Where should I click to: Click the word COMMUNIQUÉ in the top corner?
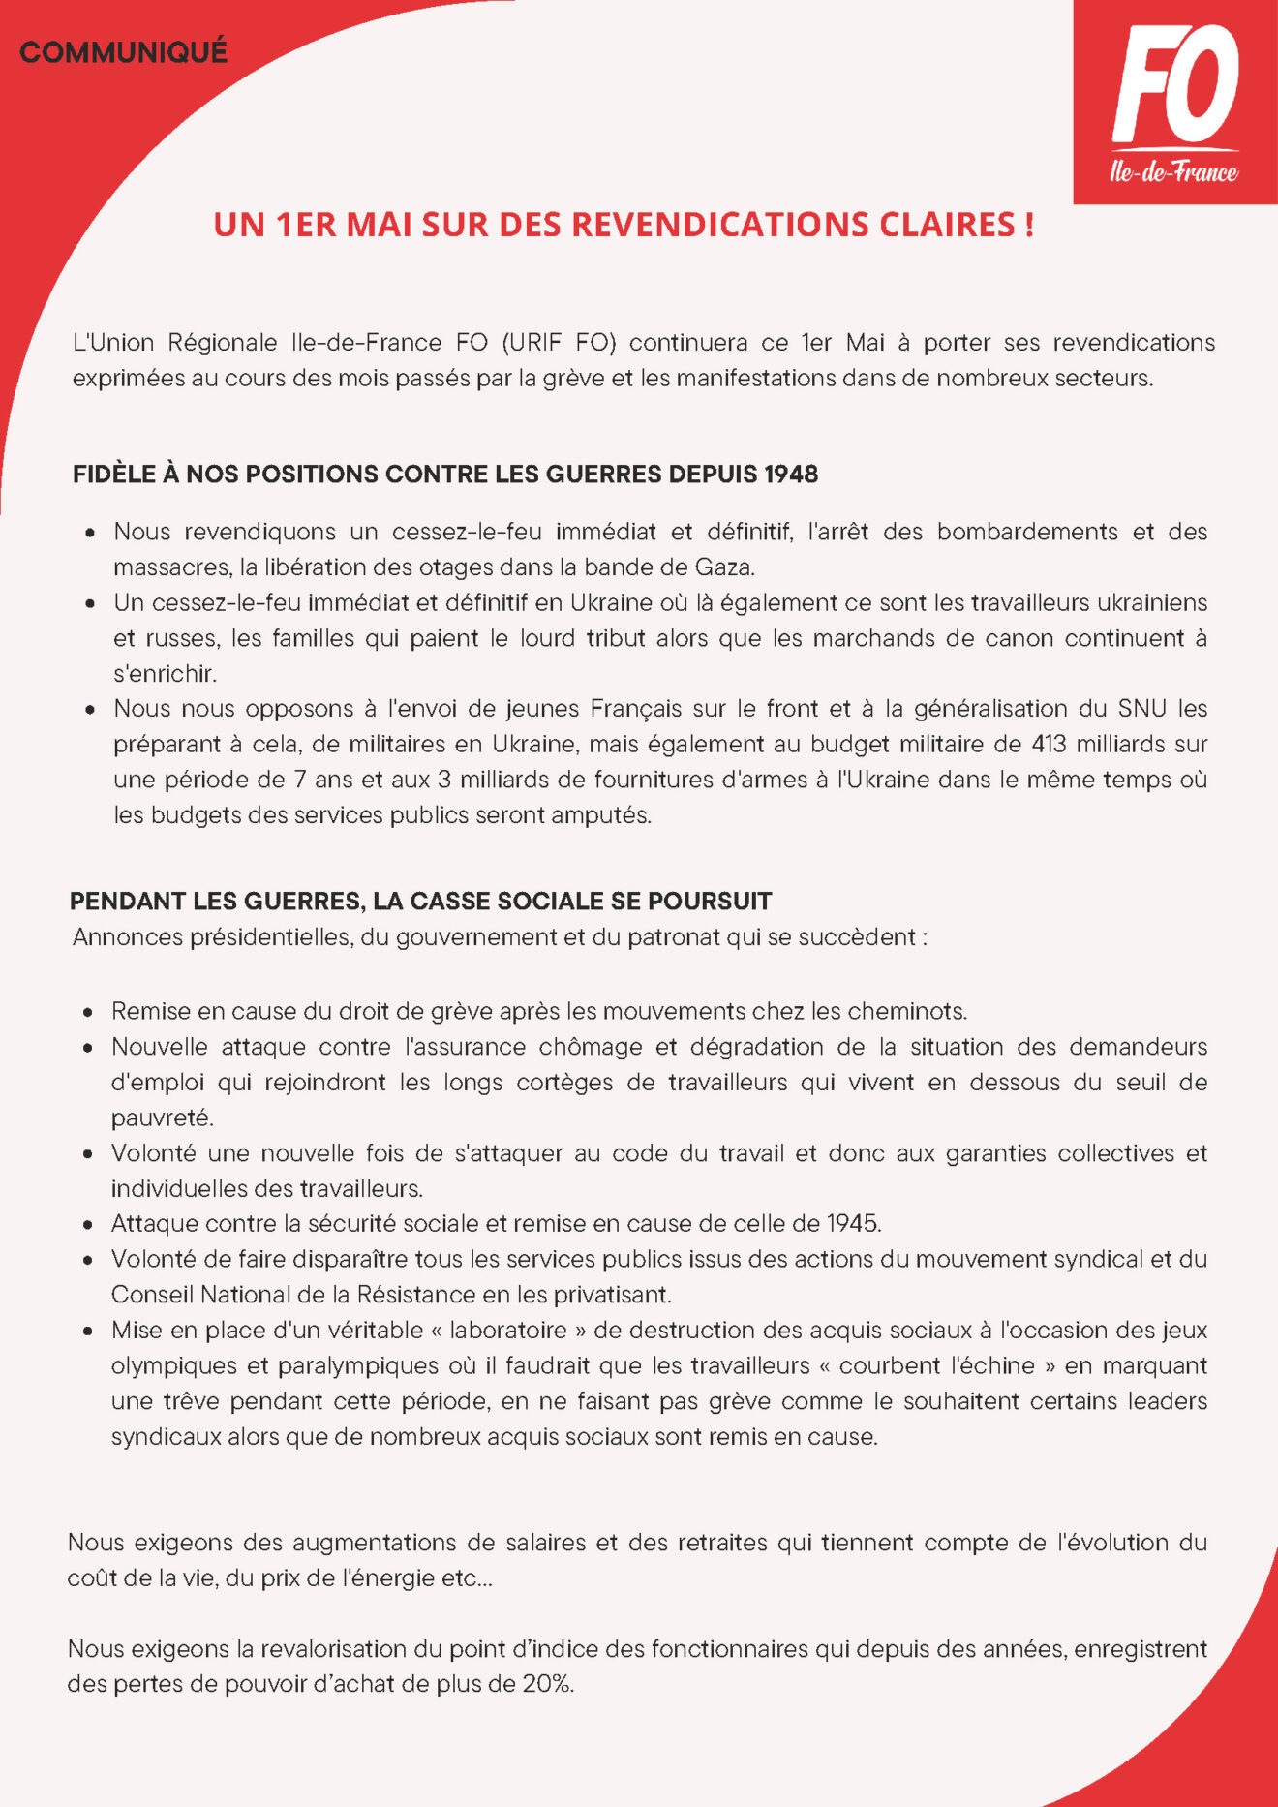tap(123, 51)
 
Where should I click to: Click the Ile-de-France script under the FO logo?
tap(1173, 172)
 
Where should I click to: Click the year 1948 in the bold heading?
tap(791, 475)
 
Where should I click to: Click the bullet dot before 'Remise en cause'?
tap(89, 1013)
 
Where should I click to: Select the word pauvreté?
tap(162, 1118)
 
